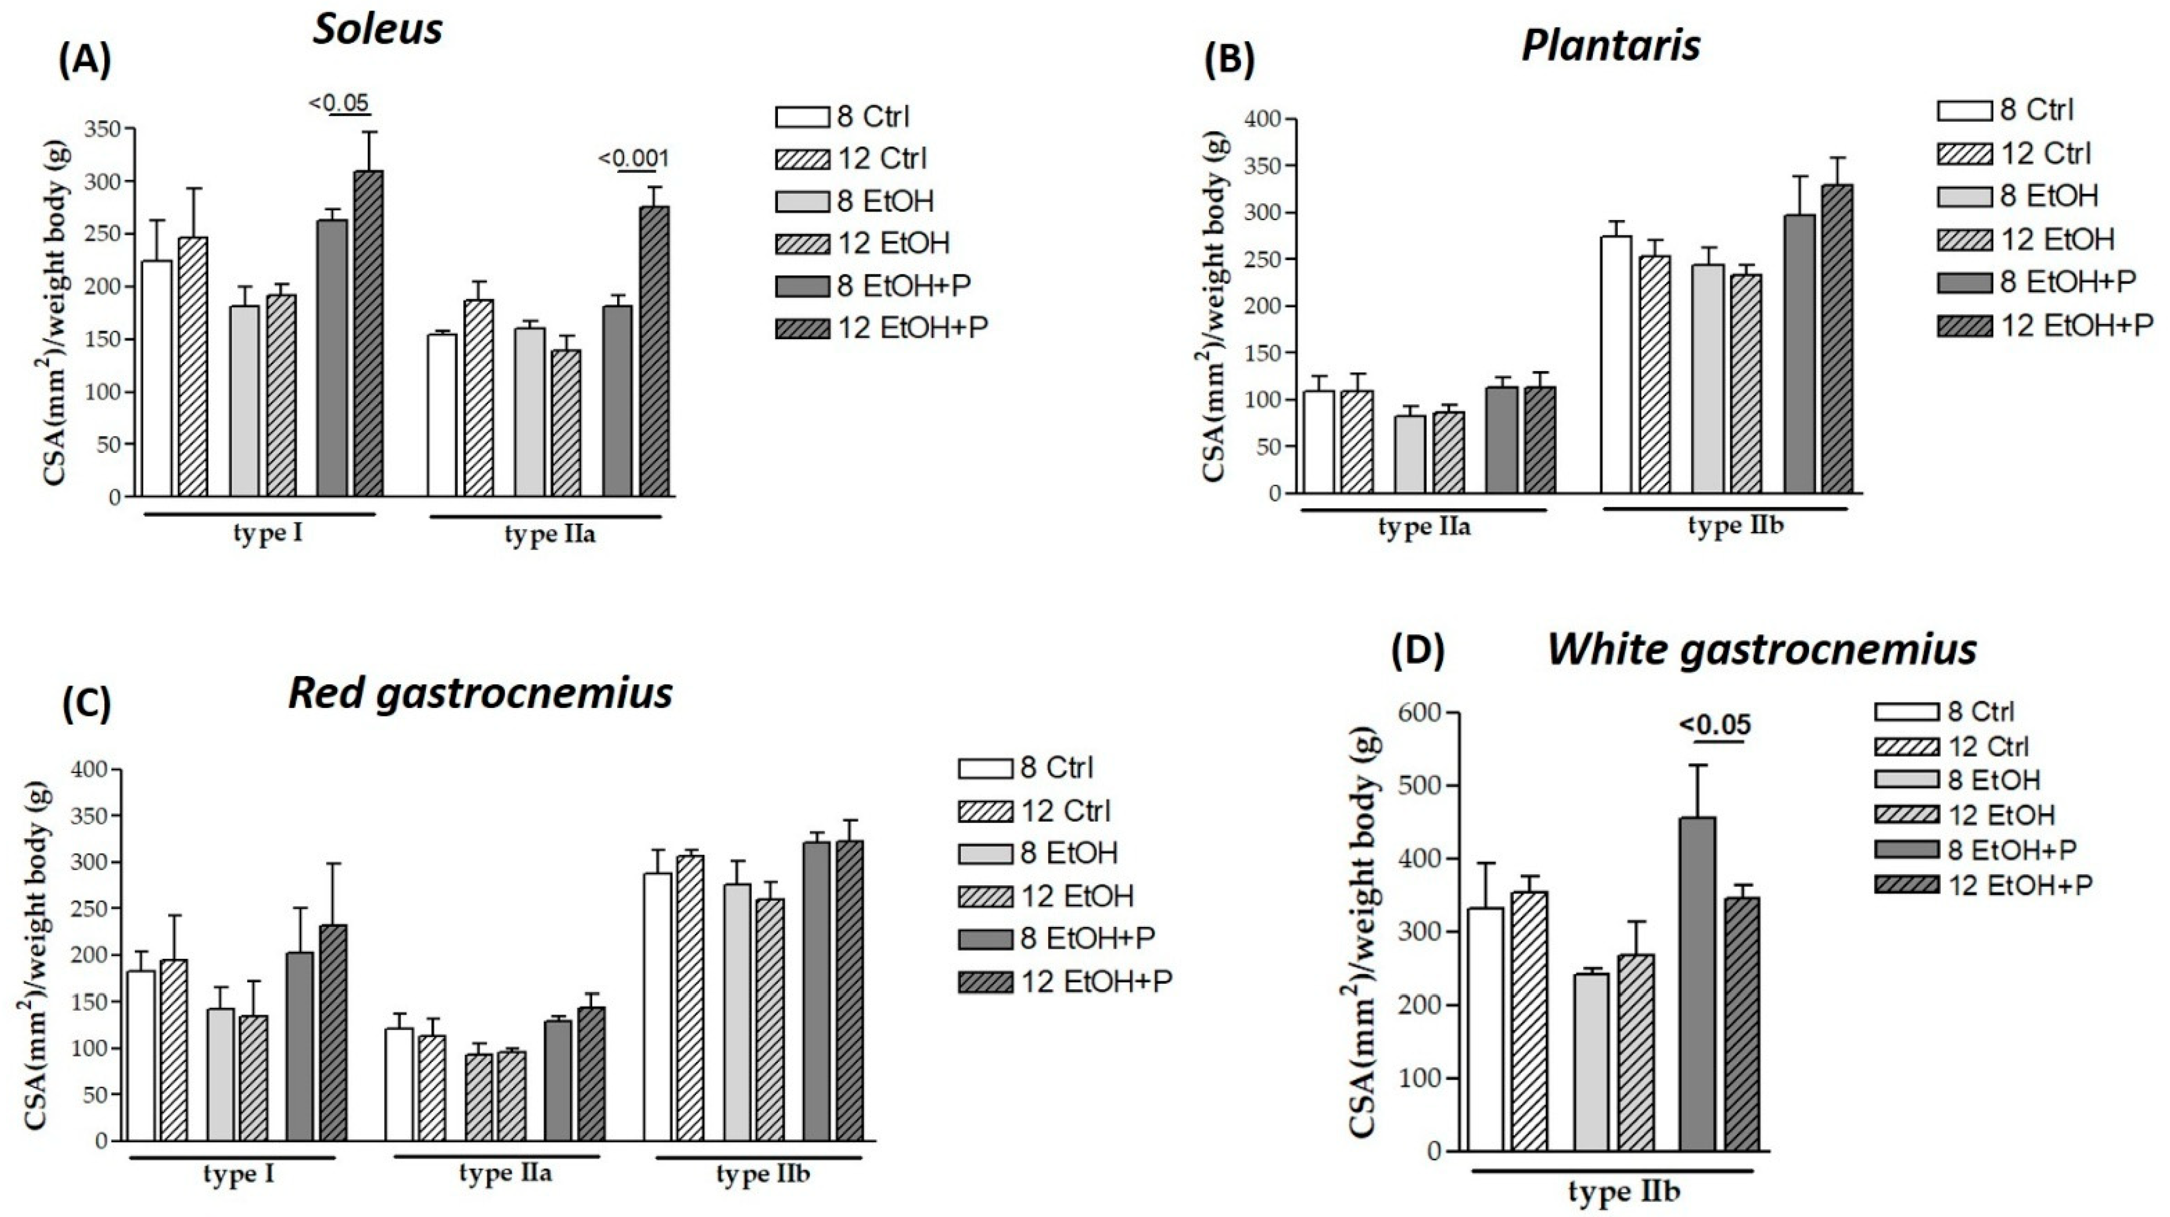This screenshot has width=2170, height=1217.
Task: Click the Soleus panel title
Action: pyautogui.click(x=377, y=29)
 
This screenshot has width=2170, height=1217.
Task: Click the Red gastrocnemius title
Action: pyautogui.click(x=480, y=693)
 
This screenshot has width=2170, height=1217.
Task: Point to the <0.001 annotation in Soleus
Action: pyautogui.click(x=633, y=158)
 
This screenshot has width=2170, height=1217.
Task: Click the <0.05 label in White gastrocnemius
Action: pyautogui.click(x=1715, y=724)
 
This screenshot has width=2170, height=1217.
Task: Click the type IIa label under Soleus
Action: pyautogui.click(x=549, y=535)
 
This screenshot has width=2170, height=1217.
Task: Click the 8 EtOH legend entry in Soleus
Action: pyautogui.click(x=855, y=201)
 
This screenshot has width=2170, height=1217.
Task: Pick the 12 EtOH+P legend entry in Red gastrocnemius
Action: pyautogui.click(x=1065, y=981)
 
